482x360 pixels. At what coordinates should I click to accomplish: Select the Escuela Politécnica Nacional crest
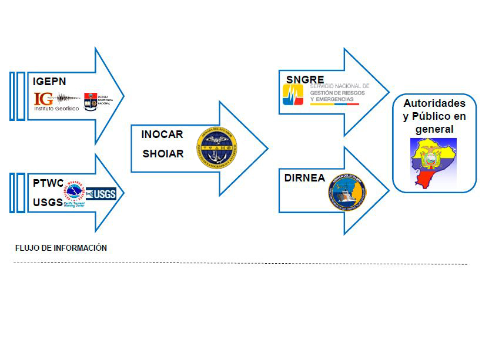tap(91, 101)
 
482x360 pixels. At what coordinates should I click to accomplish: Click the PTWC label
tap(48, 183)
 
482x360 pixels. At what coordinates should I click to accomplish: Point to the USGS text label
tap(48, 203)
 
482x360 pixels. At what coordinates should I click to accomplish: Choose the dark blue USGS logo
tap(101, 193)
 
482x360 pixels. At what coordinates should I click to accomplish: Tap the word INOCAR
tap(162, 134)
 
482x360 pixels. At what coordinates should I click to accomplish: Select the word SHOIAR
tap(162, 154)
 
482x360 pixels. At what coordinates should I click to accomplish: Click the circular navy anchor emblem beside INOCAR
tap(217, 144)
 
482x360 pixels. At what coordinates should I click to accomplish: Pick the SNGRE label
tap(305, 80)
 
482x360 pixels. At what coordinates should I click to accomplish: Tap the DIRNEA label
tap(305, 178)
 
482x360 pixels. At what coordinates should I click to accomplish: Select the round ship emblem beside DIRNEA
tap(346, 191)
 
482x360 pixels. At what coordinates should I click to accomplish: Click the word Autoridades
tap(434, 103)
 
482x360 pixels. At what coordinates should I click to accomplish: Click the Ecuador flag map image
tap(434, 163)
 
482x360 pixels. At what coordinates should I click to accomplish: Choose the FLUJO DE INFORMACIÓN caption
tap(61, 248)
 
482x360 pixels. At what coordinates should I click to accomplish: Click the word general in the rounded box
tap(434, 129)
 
